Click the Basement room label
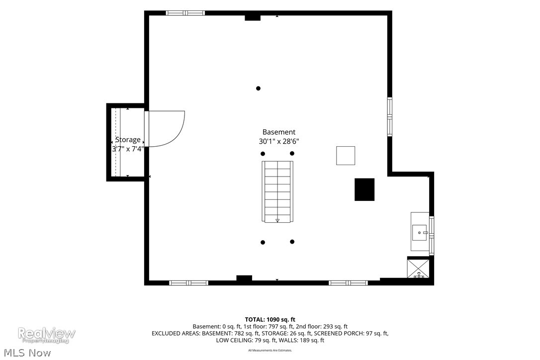278,132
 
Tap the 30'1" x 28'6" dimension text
278,141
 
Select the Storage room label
128,140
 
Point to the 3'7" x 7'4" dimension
128,149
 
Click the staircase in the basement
277,191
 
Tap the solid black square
364,189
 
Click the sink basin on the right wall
420,233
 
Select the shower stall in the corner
418,268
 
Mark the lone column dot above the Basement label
258,89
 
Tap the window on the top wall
185,13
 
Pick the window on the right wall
390,117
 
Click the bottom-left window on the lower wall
189,283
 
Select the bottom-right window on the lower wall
348,283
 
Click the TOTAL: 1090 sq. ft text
270,319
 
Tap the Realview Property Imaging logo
47,335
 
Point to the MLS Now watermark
27,353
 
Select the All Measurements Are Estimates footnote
270,351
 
